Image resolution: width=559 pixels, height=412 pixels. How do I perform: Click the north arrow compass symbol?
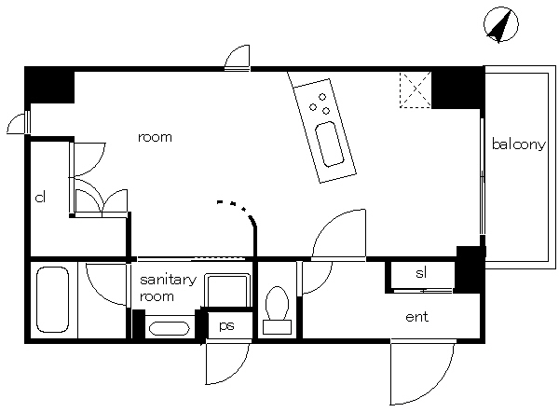[501, 24]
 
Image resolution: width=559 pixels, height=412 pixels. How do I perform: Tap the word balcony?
[519, 144]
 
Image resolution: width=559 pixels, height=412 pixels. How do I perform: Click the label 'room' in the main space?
[155, 137]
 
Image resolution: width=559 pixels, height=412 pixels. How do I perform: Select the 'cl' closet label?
[40, 197]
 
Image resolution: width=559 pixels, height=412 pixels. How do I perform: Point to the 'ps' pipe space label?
[226, 325]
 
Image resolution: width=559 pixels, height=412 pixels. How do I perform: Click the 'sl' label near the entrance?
[421, 273]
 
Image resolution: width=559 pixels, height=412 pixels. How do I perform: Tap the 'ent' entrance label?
[416, 317]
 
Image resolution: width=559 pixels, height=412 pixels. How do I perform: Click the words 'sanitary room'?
[168, 288]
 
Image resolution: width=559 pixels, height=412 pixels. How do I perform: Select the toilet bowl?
[277, 303]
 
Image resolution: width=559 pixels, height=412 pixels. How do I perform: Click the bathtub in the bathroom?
[53, 300]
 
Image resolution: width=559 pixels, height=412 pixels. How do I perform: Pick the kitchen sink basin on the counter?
[330, 144]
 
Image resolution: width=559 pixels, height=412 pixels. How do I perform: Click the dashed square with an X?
[416, 89]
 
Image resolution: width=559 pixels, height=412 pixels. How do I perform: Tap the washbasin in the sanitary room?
[169, 328]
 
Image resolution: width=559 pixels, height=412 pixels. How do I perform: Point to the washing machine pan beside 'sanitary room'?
[226, 290]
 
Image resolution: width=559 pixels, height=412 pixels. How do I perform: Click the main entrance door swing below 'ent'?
[422, 373]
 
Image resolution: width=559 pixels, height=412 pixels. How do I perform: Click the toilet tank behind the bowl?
[277, 327]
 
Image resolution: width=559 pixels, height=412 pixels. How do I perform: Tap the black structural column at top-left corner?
[49, 85]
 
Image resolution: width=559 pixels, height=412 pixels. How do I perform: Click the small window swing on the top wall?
[238, 58]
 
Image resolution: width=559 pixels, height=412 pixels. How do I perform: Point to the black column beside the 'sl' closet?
[470, 269]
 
